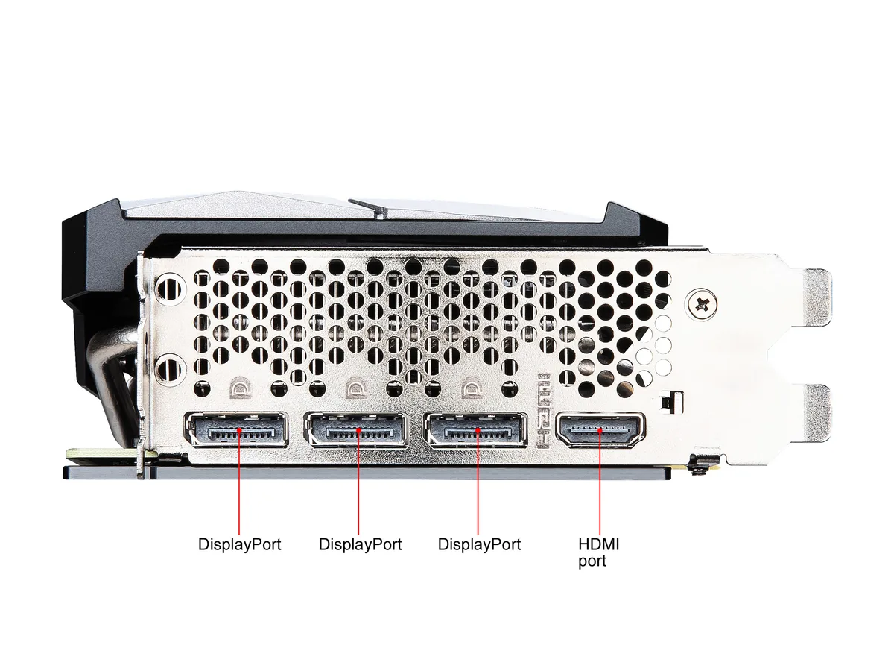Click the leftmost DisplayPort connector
[x=236, y=430]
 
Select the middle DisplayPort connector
[x=356, y=430]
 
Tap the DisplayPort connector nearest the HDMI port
[x=475, y=430]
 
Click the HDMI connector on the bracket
[x=600, y=430]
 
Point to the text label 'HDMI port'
[x=598, y=552]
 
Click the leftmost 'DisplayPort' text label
[x=239, y=545]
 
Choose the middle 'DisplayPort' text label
[x=360, y=545]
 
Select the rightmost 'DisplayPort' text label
[x=479, y=545]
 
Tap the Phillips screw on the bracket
[x=701, y=303]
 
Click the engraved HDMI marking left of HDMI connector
[x=544, y=411]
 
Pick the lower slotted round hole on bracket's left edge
[x=169, y=370]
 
